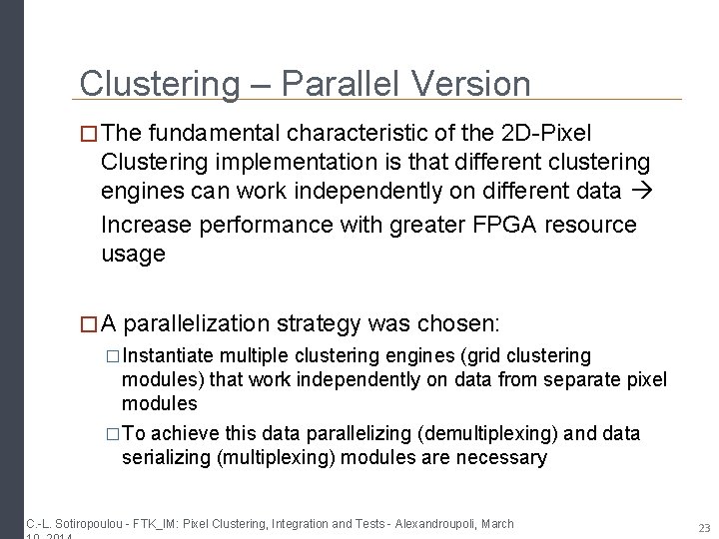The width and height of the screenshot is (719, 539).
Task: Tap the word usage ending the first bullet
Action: (x=133, y=255)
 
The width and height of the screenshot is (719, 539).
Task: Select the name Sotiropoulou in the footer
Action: (x=84, y=523)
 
